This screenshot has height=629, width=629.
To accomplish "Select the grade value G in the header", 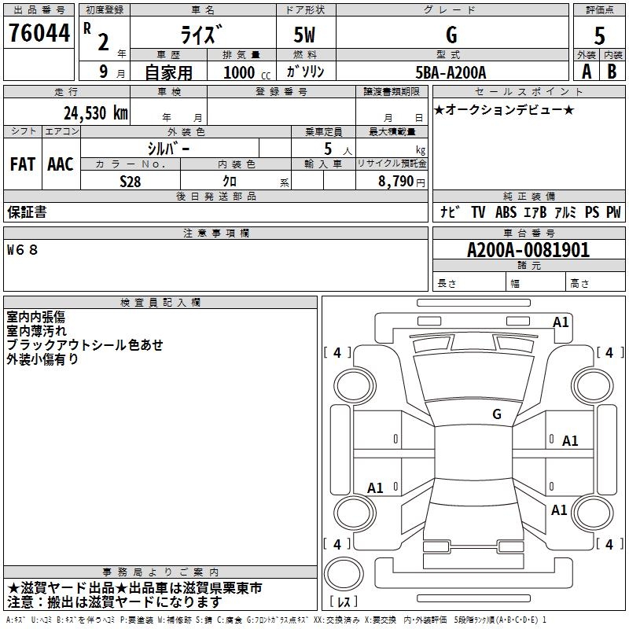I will coord(451,34).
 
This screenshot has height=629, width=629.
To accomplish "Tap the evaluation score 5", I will coord(599,36).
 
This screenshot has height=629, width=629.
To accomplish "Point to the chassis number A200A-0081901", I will coord(528,250).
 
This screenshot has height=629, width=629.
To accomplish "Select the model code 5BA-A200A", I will coord(451,72).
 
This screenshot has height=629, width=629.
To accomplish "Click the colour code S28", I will coord(131,180).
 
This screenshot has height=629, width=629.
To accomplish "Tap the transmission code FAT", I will coord(23,164).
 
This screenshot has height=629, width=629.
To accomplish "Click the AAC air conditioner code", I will coord(61,164).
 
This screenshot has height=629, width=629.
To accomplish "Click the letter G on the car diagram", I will coord(496,414).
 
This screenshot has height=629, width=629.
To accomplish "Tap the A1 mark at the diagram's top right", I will coord(561,322).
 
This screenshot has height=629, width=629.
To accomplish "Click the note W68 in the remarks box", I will coord(22,250).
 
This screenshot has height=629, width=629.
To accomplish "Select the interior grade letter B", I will coord(612,71).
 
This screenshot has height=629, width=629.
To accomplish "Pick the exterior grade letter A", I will coord(586,71).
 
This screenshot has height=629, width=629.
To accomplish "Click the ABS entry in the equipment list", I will coord(506,212).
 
